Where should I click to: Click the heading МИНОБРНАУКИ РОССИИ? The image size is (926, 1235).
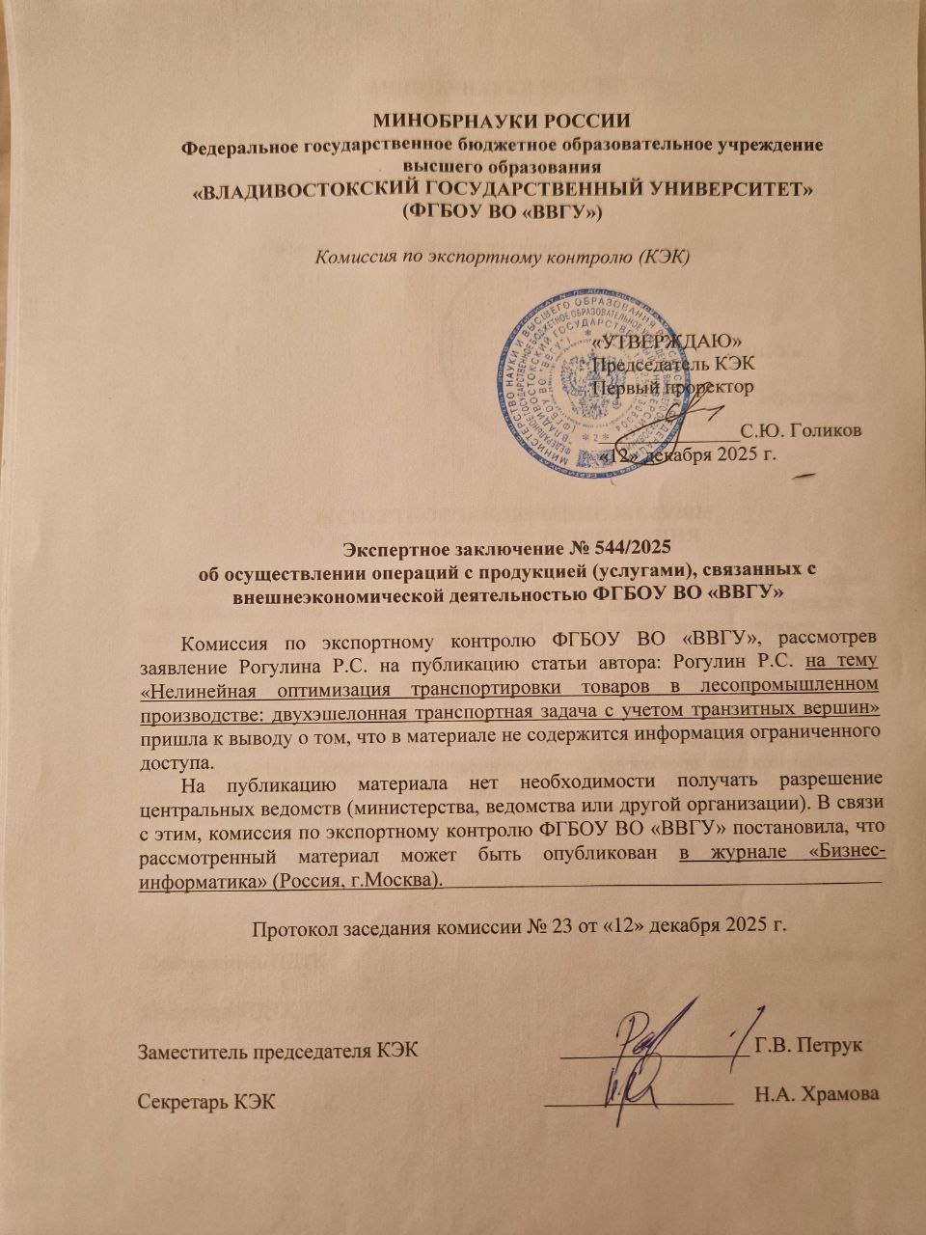coord(502,122)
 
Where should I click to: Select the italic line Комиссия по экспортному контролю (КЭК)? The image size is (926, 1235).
coord(502,257)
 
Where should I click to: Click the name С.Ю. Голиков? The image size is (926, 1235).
coord(801,430)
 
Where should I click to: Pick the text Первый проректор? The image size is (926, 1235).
coord(672,387)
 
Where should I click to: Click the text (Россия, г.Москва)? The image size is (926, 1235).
coord(359,880)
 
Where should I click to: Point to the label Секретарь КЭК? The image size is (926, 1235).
coord(207,1101)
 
